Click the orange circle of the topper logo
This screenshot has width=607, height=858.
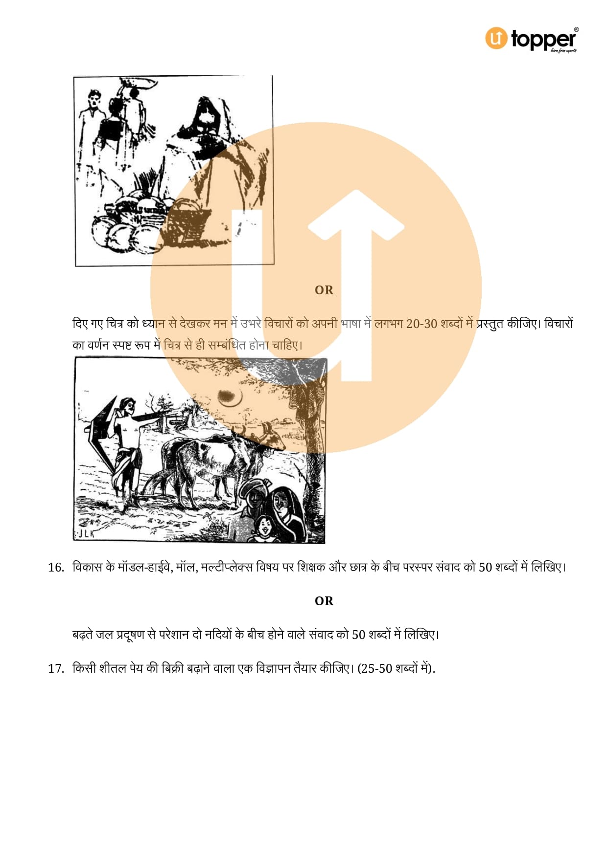pos(496,38)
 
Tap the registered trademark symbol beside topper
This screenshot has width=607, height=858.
pos(576,30)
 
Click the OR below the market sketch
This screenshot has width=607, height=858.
pos(324,290)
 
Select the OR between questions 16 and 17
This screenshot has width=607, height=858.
pos(324,601)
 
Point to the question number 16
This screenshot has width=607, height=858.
pos(56,567)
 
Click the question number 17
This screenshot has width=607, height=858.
pos(56,668)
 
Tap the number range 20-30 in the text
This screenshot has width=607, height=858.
pos(421,324)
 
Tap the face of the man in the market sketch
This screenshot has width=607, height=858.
pos(93,101)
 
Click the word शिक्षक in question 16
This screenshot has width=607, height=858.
pos(311,567)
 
